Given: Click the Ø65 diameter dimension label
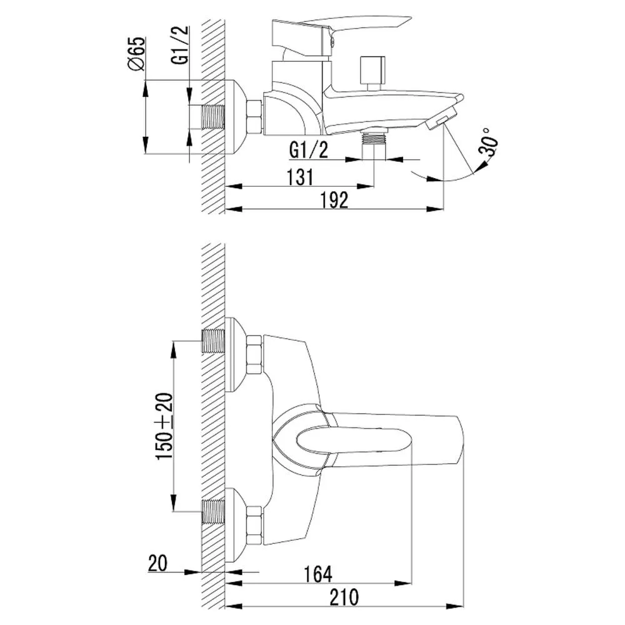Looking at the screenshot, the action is click(137, 54).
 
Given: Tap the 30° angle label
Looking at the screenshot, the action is click(489, 142).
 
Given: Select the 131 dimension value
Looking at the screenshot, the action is click(301, 177).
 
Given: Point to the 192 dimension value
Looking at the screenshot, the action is click(335, 200).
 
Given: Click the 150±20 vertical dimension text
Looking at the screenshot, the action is click(164, 426).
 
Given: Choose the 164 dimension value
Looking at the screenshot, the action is click(318, 574).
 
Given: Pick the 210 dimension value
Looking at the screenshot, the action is click(344, 597).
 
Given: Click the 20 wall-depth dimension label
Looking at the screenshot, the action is click(158, 563).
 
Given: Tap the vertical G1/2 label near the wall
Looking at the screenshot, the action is click(179, 45).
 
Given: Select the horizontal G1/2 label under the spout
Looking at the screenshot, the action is click(309, 150).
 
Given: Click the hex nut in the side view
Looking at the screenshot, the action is click(255, 117).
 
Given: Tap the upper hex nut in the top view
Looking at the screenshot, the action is click(254, 354).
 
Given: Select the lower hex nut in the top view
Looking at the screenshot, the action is click(254, 526).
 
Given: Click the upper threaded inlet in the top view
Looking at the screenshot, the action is click(214, 341).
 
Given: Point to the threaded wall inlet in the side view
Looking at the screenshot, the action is click(214, 117).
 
